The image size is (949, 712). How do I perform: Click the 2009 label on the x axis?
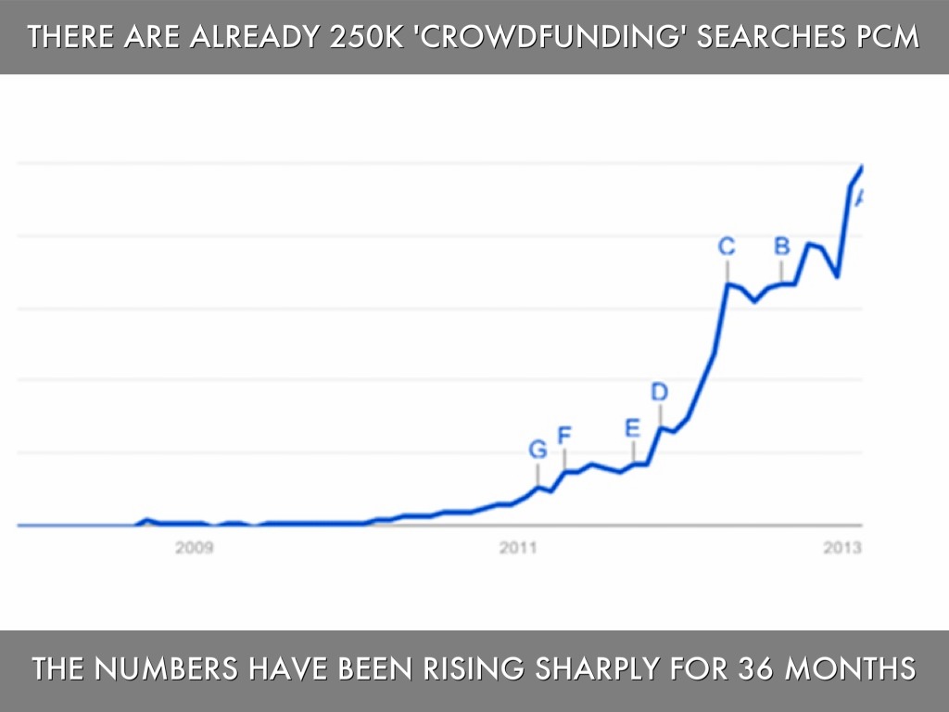point(195,548)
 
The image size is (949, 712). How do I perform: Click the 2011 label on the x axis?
point(519,548)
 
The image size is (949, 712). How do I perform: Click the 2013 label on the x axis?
point(842,548)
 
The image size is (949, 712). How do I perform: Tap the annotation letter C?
point(728,247)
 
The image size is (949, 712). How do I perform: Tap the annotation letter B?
point(781,246)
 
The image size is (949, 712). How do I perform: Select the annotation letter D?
point(659,392)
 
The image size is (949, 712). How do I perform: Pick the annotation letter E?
point(632,428)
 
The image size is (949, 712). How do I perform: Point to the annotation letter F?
point(563,434)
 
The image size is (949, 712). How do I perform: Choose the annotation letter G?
point(538,450)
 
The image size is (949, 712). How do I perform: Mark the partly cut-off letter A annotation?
point(859,197)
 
